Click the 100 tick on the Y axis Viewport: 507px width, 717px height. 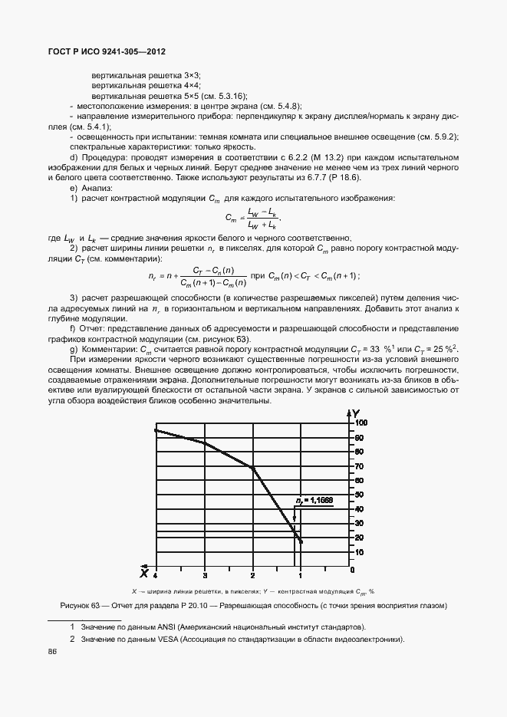(x=361, y=423)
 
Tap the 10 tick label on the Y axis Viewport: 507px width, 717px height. (x=359, y=552)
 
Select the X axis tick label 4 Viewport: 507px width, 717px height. (x=156, y=574)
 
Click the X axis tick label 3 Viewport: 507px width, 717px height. (x=204, y=574)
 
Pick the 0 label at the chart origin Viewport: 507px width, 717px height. (x=352, y=571)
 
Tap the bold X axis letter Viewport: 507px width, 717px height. (x=143, y=572)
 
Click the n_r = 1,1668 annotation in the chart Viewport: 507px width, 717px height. (x=314, y=500)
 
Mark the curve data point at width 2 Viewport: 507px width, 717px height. (x=252, y=467)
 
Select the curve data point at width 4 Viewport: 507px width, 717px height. (x=156, y=430)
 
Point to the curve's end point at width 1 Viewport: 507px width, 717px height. (x=301, y=541)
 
